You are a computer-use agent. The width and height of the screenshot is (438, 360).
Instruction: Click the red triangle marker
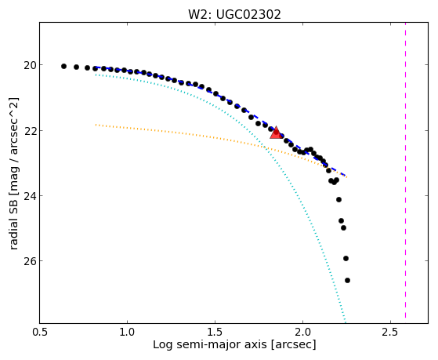(x=276, y=133)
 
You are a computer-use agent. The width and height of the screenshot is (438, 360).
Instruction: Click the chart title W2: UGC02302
(x=234, y=15)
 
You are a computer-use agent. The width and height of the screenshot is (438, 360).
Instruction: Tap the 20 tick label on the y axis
(x=30, y=65)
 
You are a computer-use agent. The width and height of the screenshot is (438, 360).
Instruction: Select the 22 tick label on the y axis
(x=30, y=131)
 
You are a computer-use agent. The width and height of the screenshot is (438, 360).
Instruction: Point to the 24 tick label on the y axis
(x=30, y=196)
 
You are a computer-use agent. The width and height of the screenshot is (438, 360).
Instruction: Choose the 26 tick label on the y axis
(x=30, y=261)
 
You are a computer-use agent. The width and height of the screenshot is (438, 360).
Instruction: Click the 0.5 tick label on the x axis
(x=40, y=332)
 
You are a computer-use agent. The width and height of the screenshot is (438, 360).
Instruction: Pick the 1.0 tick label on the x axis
(x=128, y=332)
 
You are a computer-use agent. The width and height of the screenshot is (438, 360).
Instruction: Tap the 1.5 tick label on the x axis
(x=215, y=332)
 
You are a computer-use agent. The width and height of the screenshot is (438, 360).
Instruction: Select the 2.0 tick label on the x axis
(x=302, y=332)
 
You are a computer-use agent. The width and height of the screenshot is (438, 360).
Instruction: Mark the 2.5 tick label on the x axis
(x=390, y=332)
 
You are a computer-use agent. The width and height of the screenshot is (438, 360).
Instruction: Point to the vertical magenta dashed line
(x=405, y=170)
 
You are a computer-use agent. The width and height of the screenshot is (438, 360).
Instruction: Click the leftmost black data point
(x=63, y=67)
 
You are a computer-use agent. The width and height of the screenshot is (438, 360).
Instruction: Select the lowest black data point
(x=347, y=280)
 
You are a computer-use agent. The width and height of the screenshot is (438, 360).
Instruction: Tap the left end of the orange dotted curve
(x=96, y=125)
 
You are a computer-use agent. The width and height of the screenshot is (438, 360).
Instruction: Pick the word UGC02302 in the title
(x=248, y=15)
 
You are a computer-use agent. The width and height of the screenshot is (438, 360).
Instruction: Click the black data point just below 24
(x=338, y=199)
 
